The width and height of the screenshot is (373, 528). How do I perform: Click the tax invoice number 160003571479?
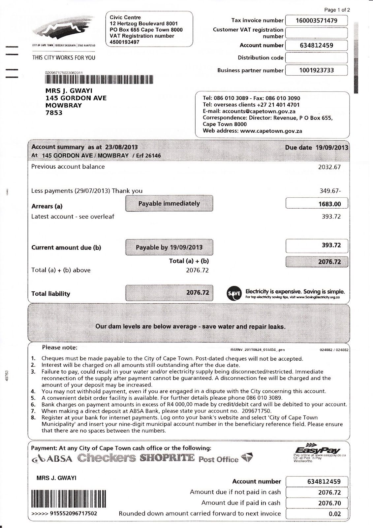[x=316, y=20]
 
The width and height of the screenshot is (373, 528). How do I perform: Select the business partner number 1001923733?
[x=316, y=70]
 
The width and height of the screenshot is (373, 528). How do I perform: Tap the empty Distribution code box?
[x=316, y=58]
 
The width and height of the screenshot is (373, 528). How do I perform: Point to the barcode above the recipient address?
[x=99, y=80]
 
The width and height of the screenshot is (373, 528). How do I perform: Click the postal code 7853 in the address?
[x=54, y=113]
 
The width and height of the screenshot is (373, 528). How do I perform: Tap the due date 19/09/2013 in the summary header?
[x=332, y=148]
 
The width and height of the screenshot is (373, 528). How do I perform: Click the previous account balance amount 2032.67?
[x=329, y=167]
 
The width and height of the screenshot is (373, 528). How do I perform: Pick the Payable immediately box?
[x=169, y=203]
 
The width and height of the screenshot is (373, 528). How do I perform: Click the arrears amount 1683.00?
[x=329, y=204]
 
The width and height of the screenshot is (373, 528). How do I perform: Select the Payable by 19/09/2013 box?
[x=169, y=247]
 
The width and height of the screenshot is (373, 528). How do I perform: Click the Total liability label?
[x=51, y=294]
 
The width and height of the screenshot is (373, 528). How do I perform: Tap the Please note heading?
[x=60, y=347]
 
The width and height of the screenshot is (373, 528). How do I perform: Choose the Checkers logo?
[x=107, y=458]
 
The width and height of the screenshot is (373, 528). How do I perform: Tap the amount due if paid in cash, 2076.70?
[x=329, y=503]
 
